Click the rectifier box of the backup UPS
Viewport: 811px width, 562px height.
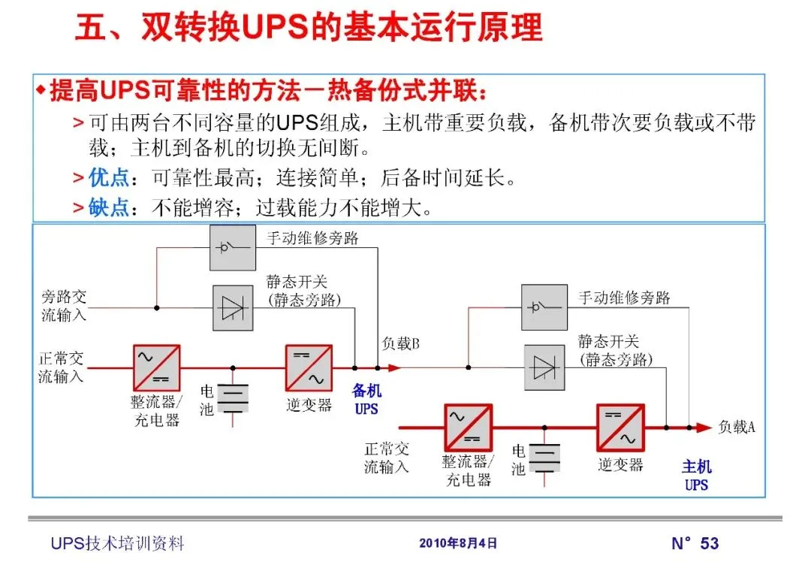(x=156, y=367)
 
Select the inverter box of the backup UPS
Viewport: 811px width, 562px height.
(x=309, y=367)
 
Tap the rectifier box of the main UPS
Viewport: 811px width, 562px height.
(x=468, y=427)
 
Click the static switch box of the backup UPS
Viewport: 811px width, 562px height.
(x=232, y=308)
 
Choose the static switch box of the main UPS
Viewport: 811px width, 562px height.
(x=544, y=367)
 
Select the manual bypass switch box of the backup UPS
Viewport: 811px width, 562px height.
(x=233, y=248)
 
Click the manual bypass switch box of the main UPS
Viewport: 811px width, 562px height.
(x=544, y=307)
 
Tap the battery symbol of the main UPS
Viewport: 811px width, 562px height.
(x=544, y=456)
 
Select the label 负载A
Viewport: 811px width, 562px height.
(x=737, y=427)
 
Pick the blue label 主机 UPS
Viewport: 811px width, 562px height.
(x=696, y=476)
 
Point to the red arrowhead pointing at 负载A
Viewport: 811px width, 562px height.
(x=703, y=428)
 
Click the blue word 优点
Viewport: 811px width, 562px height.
(x=109, y=178)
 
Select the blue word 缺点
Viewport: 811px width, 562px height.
(x=109, y=207)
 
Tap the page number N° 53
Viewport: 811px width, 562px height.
(x=695, y=543)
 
